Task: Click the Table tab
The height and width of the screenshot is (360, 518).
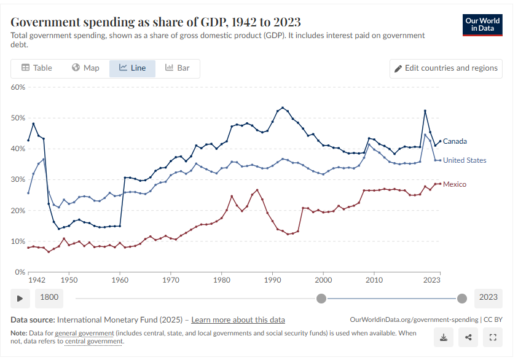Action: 37,68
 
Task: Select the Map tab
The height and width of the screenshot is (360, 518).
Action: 85,68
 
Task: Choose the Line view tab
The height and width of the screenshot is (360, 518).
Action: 132,68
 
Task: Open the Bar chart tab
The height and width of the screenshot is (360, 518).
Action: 177,68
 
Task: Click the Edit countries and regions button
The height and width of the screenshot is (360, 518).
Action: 445,68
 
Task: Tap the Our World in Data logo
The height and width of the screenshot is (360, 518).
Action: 482,25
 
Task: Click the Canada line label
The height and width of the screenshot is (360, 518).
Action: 455,141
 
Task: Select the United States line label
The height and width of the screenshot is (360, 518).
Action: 465,160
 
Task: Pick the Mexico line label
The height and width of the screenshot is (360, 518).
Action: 455,184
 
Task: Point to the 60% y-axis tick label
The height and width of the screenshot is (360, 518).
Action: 18,87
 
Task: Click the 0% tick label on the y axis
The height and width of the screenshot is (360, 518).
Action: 20,272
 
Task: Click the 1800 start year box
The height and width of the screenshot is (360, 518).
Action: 49,297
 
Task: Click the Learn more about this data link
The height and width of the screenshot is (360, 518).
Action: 238,319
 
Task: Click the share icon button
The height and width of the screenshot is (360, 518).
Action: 468,337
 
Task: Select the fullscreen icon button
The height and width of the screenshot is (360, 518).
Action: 492,337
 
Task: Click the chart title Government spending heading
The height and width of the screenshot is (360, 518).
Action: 156,22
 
